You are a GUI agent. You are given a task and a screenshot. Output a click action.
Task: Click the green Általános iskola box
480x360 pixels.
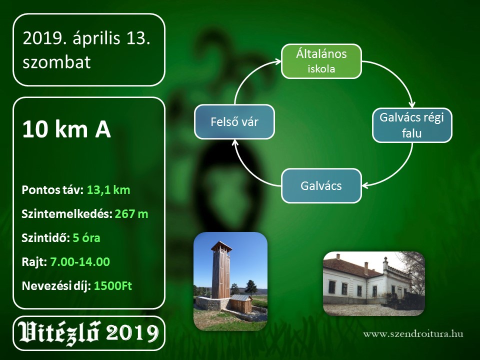pos(321,61)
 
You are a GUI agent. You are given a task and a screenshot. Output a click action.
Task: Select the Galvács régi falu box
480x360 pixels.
pos(412,125)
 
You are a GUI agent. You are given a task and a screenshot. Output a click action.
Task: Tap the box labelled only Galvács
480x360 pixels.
pos(321,186)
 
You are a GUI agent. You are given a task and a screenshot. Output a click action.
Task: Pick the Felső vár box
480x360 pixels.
pos(234,122)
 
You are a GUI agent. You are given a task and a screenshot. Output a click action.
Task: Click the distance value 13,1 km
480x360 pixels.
pos(108,190)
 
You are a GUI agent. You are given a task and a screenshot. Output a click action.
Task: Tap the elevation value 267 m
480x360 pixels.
pos(131,214)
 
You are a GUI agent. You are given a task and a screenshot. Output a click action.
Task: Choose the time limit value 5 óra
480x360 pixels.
pos(86,238)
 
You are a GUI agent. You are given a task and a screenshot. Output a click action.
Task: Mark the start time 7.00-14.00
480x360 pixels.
pos(80,261)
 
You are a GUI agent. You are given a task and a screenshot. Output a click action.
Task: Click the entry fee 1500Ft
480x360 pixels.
pos(112,286)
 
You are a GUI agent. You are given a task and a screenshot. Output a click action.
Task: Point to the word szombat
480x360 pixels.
pos(56,62)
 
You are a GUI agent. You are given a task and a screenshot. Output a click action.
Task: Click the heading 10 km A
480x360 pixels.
pos(66,129)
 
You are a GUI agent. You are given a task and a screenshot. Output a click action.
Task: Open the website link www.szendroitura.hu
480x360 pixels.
pos(413,333)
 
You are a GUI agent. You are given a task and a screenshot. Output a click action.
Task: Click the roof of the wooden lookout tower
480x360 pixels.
pos(221,245)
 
